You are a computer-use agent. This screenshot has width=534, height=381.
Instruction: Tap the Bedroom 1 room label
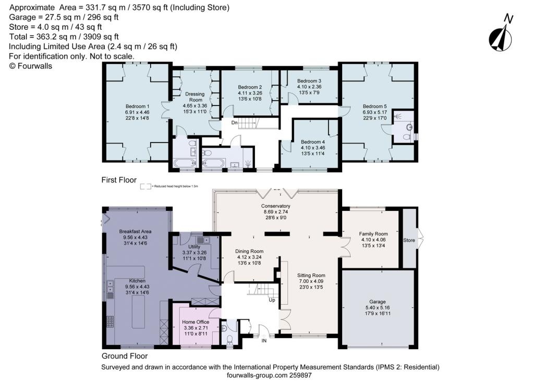click(137, 105)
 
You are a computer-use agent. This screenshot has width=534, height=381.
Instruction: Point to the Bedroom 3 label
click(309, 81)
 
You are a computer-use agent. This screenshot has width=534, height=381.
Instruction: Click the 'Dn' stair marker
click(235, 123)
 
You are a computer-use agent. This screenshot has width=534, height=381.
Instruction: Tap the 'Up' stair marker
click(271, 300)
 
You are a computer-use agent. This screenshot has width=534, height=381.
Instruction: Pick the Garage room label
click(378, 302)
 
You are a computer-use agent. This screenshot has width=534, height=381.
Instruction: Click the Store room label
click(409, 241)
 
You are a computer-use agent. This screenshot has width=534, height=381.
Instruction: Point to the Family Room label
click(374, 234)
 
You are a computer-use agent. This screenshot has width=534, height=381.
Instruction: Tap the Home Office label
click(196, 322)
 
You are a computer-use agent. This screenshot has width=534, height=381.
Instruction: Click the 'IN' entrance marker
click(264, 340)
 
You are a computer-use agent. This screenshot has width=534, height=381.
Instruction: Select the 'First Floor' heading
click(119, 180)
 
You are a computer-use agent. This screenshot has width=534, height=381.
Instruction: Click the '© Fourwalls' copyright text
click(31, 66)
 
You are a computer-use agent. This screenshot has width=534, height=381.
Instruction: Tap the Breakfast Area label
click(135, 231)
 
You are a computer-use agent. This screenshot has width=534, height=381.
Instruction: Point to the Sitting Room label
click(311, 275)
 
